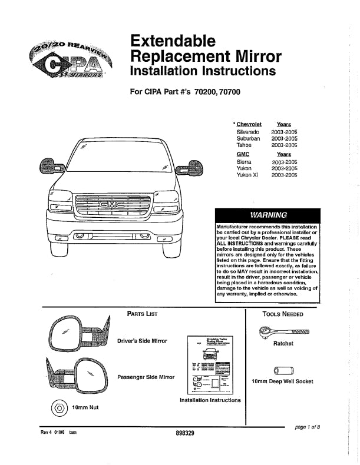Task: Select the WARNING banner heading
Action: [268, 215]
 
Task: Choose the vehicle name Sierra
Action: [245, 161]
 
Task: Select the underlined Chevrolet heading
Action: [249, 124]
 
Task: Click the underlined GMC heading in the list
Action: [243, 154]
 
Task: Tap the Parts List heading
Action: [143, 314]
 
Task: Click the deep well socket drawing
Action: [282, 370]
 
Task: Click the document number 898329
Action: [185, 433]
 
